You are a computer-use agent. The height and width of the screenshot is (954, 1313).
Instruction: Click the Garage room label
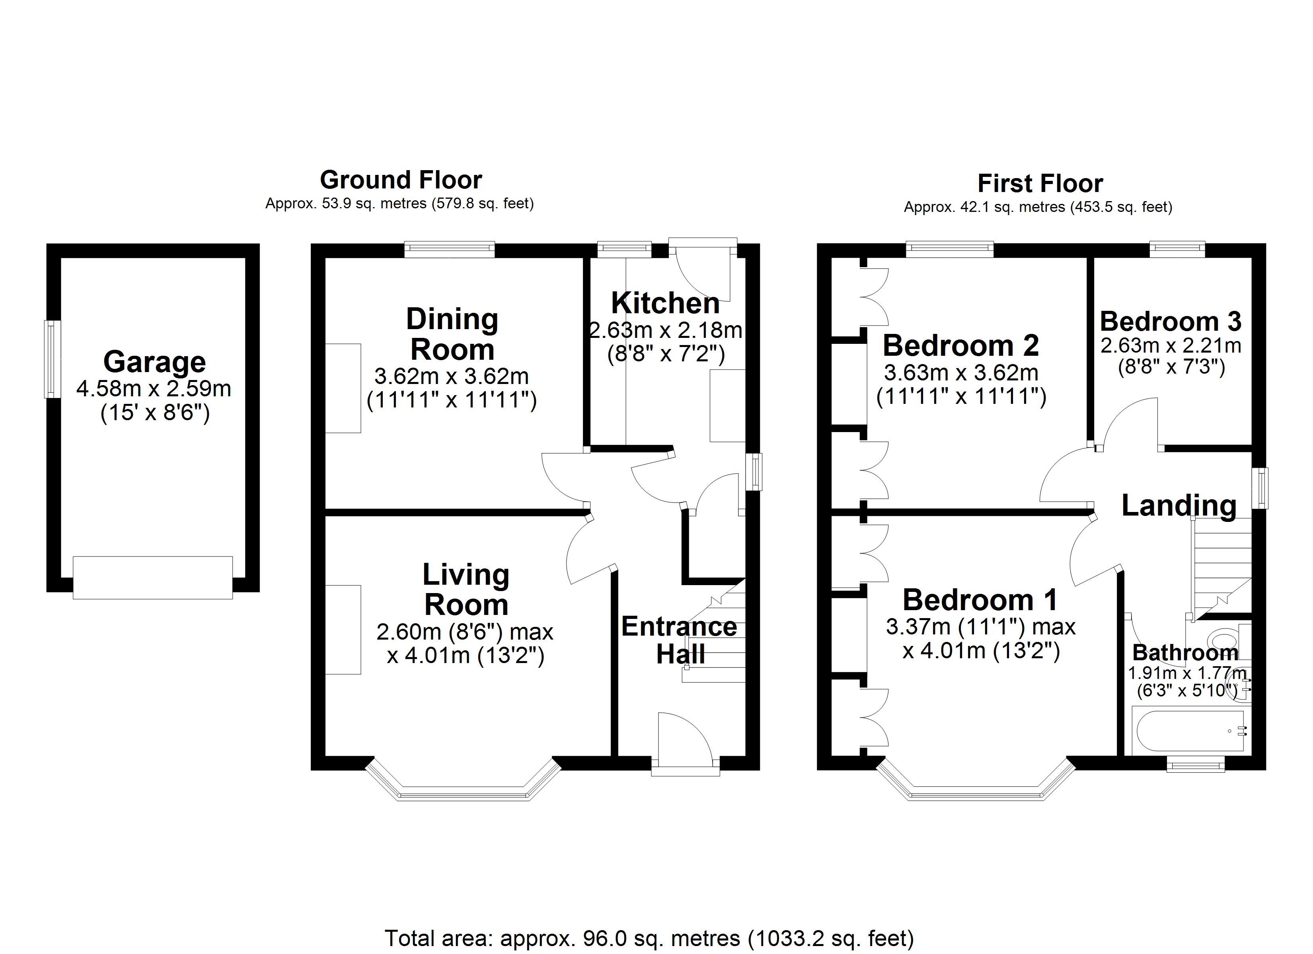tap(154, 362)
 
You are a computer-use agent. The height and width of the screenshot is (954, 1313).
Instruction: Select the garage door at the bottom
tap(153, 578)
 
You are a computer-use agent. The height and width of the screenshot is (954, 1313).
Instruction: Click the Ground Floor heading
tap(401, 180)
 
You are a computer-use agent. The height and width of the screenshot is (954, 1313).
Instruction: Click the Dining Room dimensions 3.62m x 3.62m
tap(452, 376)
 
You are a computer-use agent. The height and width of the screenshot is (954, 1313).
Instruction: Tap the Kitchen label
tap(665, 303)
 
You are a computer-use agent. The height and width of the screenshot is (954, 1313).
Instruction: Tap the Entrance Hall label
tap(680, 640)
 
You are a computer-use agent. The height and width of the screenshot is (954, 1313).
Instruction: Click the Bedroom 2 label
tap(961, 346)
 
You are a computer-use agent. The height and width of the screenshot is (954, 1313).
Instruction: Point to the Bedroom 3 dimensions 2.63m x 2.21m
tap(1171, 346)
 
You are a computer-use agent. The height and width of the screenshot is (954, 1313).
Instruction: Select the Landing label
tap(1179, 505)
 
